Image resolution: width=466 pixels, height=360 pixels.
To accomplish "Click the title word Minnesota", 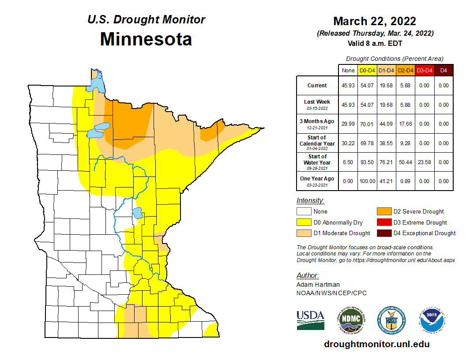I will pyautogui.click(x=146, y=39).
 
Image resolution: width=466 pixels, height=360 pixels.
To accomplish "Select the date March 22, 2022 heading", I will pyautogui.click(x=375, y=21).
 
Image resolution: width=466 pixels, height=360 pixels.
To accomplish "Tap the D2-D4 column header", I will pyautogui.click(x=405, y=70).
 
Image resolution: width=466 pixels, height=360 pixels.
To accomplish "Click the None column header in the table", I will pyautogui.click(x=348, y=70).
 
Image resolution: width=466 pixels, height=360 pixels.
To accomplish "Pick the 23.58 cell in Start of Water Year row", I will pyautogui.click(x=424, y=162).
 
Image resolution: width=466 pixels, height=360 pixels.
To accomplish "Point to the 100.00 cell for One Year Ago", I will pyautogui.click(x=367, y=181).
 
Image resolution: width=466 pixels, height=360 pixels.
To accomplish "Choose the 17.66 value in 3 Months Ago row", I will pyautogui.click(x=405, y=124).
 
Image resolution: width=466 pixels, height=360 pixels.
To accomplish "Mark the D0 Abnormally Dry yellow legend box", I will pyautogui.click(x=304, y=222).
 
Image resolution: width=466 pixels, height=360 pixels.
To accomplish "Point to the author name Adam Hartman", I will pyautogui.click(x=318, y=285).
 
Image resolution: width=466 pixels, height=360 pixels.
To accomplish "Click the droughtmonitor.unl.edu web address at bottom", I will pyautogui.click(x=376, y=344).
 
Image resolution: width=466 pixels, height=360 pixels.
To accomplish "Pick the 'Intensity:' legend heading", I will pyautogui.click(x=310, y=200).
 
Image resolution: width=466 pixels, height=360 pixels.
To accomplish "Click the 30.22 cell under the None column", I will pyautogui.click(x=348, y=143).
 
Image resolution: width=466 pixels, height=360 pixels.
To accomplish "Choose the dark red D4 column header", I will pyautogui.click(x=443, y=70).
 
